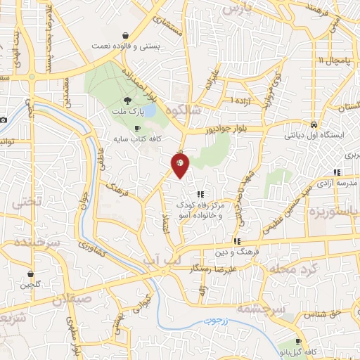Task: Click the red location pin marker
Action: tap(180, 165)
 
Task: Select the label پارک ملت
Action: tap(127, 112)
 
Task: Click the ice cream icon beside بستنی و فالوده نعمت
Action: tap(125, 35)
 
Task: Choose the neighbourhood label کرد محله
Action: tap(288, 269)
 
